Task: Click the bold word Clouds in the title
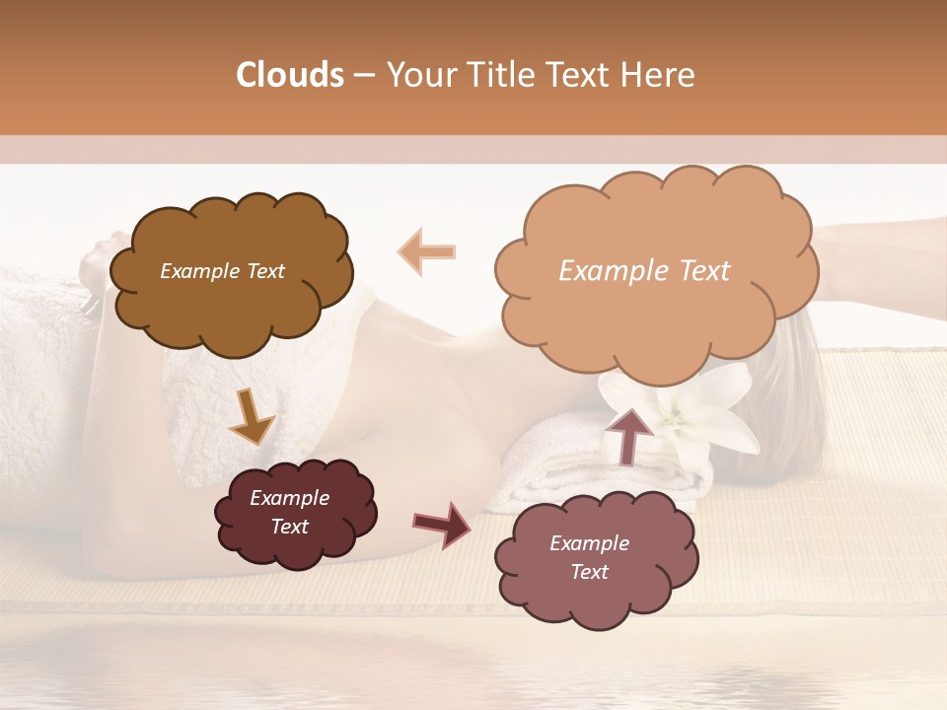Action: [x=290, y=75]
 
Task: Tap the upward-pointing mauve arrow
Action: [x=629, y=434]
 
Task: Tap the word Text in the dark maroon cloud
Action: [x=290, y=527]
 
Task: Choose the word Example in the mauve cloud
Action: [x=589, y=543]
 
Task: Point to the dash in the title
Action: [x=364, y=76]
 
